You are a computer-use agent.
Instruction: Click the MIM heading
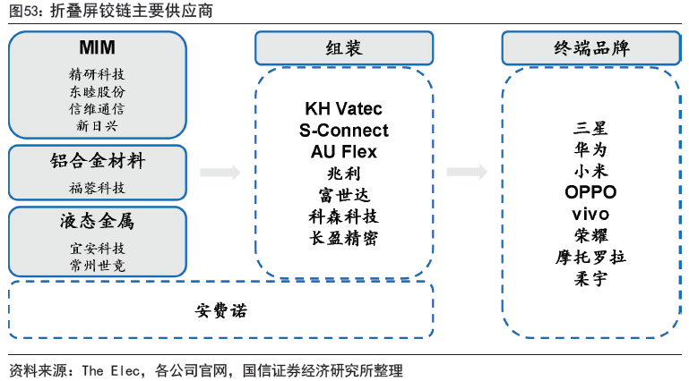97,47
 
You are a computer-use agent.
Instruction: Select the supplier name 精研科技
97,73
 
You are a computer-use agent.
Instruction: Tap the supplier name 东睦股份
97,91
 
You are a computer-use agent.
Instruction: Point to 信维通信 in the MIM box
97,108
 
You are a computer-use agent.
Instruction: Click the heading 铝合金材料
97,162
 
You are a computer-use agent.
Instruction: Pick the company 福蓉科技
97,188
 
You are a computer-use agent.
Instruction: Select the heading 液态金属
97,221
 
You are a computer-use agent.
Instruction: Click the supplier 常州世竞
97,265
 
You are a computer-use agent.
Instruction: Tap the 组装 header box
343,48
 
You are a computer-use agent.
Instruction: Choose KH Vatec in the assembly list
343,109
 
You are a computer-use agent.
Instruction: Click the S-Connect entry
343,131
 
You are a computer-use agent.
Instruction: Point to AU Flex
343,152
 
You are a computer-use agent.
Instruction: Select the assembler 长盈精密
343,239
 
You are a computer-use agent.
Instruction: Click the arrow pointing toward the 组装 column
219,172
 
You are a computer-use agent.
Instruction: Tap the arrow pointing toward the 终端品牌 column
466,172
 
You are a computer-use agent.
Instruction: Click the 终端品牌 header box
590,48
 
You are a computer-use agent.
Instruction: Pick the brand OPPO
590,192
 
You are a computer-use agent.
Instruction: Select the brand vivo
590,215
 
